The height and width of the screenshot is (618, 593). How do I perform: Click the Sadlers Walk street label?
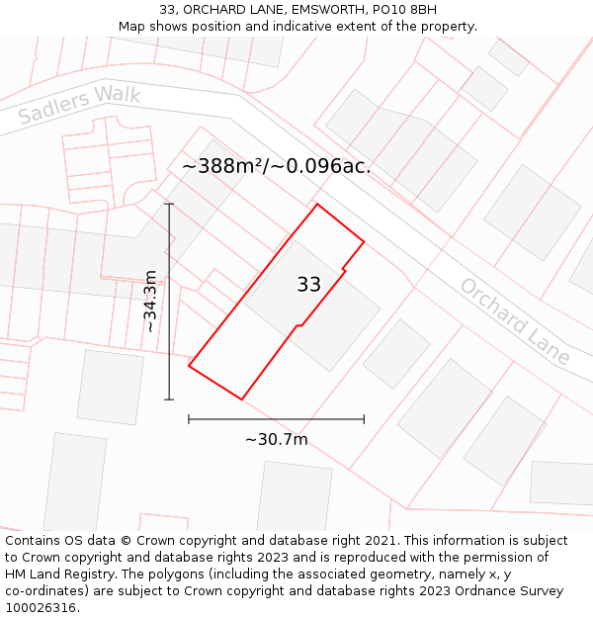point(65,106)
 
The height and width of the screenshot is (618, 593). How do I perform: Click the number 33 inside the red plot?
point(308,285)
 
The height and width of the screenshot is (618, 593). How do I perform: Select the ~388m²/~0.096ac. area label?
point(276,166)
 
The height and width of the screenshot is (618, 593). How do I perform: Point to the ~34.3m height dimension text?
point(150,302)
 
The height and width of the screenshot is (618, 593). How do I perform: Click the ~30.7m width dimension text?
point(276,439)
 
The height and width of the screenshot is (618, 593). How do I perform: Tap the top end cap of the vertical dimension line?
point(169,205)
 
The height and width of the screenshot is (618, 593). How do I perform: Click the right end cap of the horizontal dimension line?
point(364,419)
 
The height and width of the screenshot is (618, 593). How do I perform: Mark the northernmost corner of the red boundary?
point(317,205)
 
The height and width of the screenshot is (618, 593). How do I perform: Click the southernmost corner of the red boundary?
point(241,399)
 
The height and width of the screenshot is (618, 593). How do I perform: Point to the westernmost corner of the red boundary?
point(189,367)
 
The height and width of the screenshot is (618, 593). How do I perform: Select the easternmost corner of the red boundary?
point(364,241)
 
